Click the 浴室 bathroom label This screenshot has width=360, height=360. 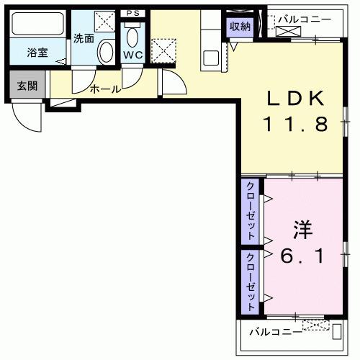(x=37, y=53)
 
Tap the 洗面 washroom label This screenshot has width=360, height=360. (x=84, y=38)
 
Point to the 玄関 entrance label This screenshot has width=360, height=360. (x=27, y=86)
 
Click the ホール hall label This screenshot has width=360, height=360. (x=104, y=89)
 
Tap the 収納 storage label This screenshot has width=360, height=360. (x=240, y=27)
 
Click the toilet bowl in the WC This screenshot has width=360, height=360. (x=132, y=36)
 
